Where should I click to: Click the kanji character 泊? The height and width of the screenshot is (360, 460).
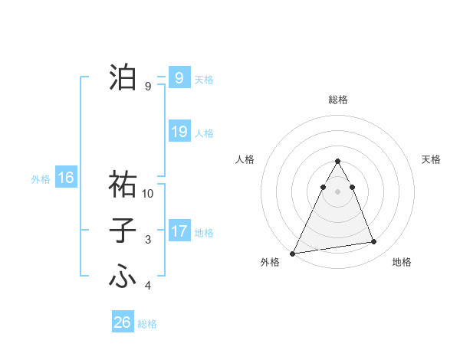(x=123, y=77)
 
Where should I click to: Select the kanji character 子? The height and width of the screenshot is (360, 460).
(x=123, y=231)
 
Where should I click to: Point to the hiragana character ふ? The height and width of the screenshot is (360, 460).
(x=123, y=277)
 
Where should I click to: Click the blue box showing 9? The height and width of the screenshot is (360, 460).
(x=179, y=77)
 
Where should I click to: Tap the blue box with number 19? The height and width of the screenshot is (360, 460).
(x=179, y=132)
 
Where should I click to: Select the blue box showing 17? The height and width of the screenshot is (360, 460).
(x=179, y=231)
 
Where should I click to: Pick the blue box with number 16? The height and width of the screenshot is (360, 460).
(x=65, y=178)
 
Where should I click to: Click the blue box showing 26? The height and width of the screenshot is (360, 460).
(x=122, y=322)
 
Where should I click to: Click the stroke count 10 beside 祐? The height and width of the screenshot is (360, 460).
(x=148, y=194)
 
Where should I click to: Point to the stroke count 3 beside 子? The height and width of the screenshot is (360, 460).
(x=148, y=240)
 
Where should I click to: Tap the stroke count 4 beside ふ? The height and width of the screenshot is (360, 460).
(x=148, y=286)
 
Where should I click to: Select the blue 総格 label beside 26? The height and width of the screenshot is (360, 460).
(x=147, y=324)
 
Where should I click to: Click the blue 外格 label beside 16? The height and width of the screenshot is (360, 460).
(x=41, y=180)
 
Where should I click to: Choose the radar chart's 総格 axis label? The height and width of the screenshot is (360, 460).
(x=337, y=100)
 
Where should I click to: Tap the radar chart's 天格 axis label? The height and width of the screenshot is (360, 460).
(x=432, y=159)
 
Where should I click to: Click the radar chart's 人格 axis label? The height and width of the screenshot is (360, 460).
(x=245, y=159)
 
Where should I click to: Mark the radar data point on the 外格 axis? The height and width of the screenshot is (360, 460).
(x=293, y=254)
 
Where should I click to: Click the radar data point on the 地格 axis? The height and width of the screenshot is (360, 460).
(x=374, y=242)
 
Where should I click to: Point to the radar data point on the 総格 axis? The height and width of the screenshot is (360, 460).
(x=337, y=162)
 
